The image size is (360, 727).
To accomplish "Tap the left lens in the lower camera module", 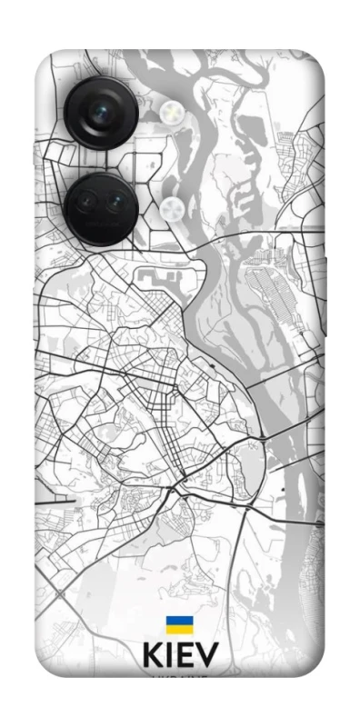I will point(87,205).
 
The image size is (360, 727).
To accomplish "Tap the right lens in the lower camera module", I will point(115,205).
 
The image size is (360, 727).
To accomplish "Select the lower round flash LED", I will point(171,210).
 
